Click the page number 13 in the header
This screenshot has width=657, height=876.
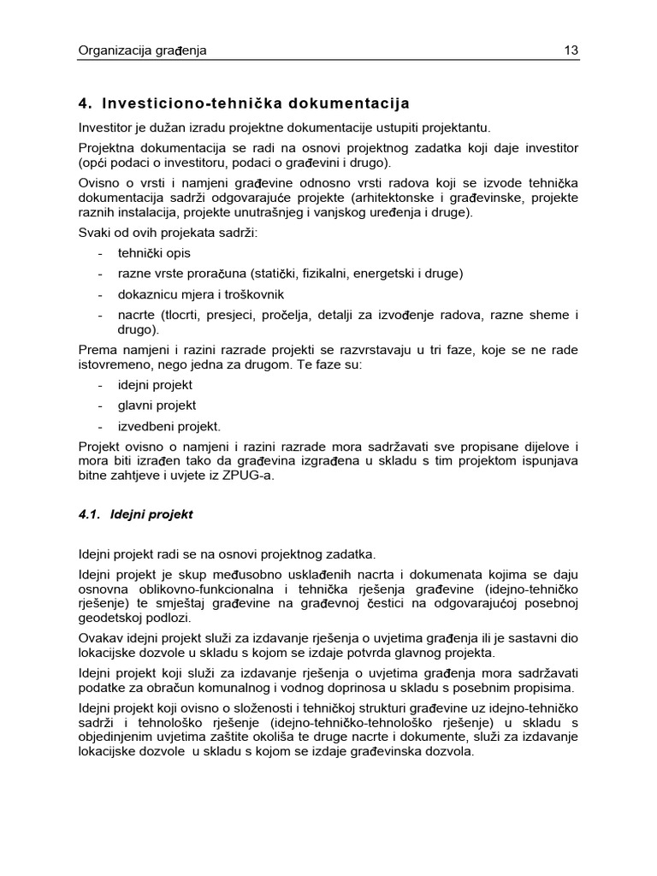(x=571, y=50)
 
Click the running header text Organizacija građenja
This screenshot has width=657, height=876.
(x=142, y=50)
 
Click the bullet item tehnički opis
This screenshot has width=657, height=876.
(x=155, y=253)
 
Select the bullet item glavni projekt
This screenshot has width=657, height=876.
(x=157, y=405)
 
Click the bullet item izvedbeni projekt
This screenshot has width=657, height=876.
(x=169, y=426)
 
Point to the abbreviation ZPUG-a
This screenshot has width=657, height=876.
(x=248, y=476)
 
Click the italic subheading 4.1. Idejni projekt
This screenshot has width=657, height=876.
(x=135, y=515)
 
